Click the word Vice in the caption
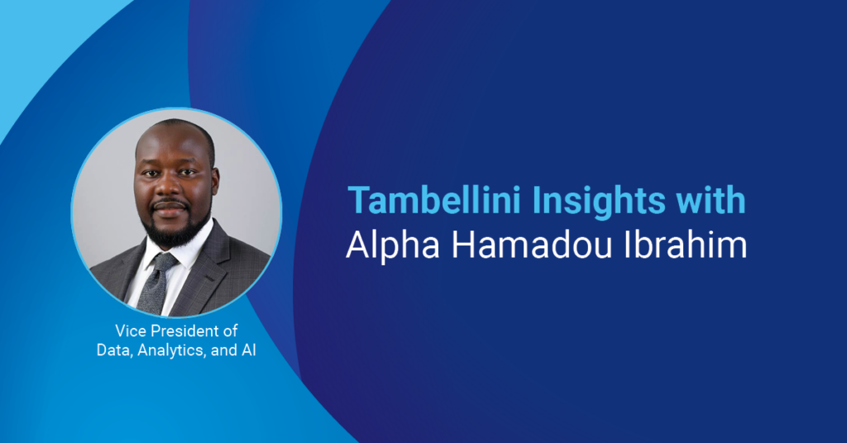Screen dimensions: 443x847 click(x=130, y=331)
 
